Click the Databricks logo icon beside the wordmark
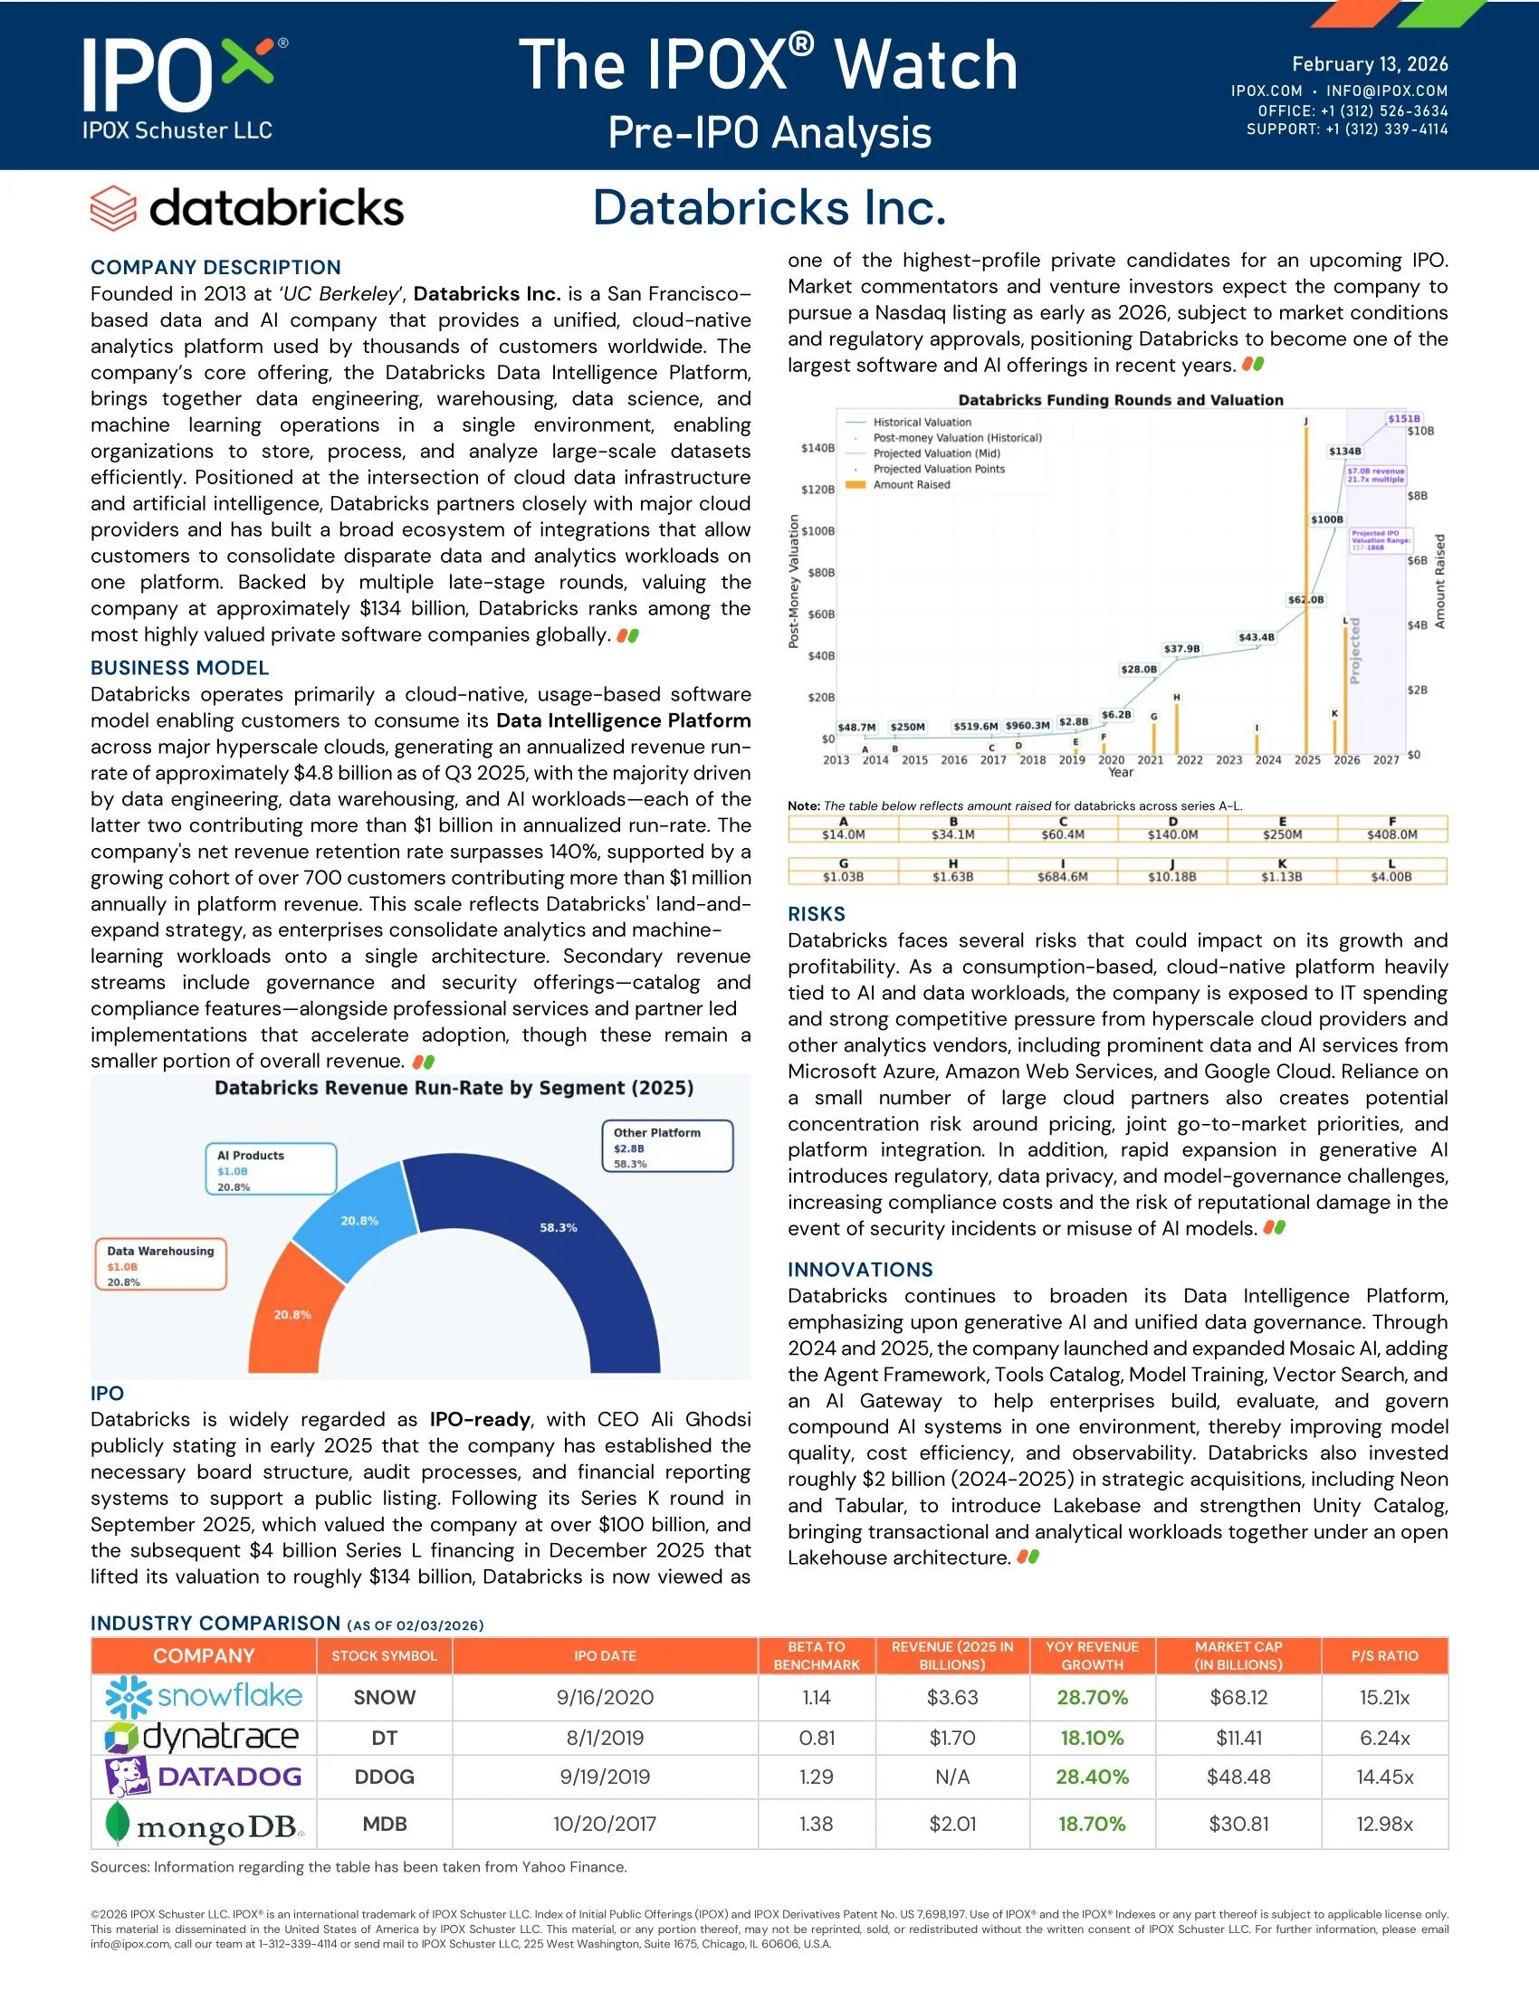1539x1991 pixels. [113, 208]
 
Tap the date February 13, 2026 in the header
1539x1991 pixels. [1370, 64]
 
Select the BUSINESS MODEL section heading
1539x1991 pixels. [179, 667]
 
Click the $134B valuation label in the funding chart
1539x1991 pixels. [1344, 452]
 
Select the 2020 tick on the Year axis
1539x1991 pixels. [1111, 759]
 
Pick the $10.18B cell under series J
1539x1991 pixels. [1172, 877]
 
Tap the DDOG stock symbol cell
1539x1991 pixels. [384, 1777]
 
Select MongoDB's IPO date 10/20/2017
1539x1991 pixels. [605, 1824]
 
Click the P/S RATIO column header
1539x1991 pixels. [1384, 1655]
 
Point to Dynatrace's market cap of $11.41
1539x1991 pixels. [1238, 1738]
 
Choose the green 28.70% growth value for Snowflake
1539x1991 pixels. [1092, 1698]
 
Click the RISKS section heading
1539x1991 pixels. [816, 913]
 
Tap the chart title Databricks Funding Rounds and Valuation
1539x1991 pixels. [1121, 400]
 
